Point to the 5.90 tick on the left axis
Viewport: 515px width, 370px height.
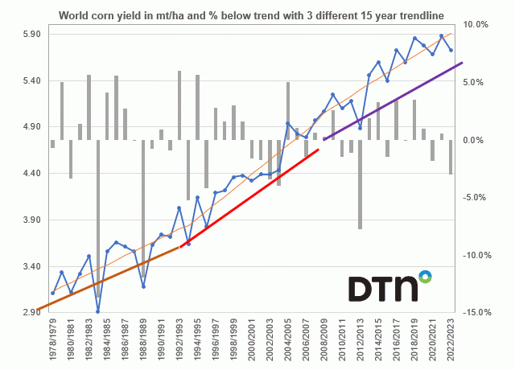tap(18, 34)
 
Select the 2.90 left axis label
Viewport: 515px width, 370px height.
tap(18, 312)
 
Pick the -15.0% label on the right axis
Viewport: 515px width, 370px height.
tap(476, 312)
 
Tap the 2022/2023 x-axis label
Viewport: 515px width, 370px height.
tap(451, 341)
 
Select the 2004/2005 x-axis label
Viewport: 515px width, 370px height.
tap(288, 341)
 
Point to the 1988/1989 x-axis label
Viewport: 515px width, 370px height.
tap(143, 341)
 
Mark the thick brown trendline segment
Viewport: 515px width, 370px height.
tap(105, 278)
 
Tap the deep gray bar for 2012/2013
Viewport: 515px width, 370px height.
tap(360, 184)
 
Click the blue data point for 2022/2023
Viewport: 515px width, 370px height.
tap(451, 50)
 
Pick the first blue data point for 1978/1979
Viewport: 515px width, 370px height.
tap(52, 293)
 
